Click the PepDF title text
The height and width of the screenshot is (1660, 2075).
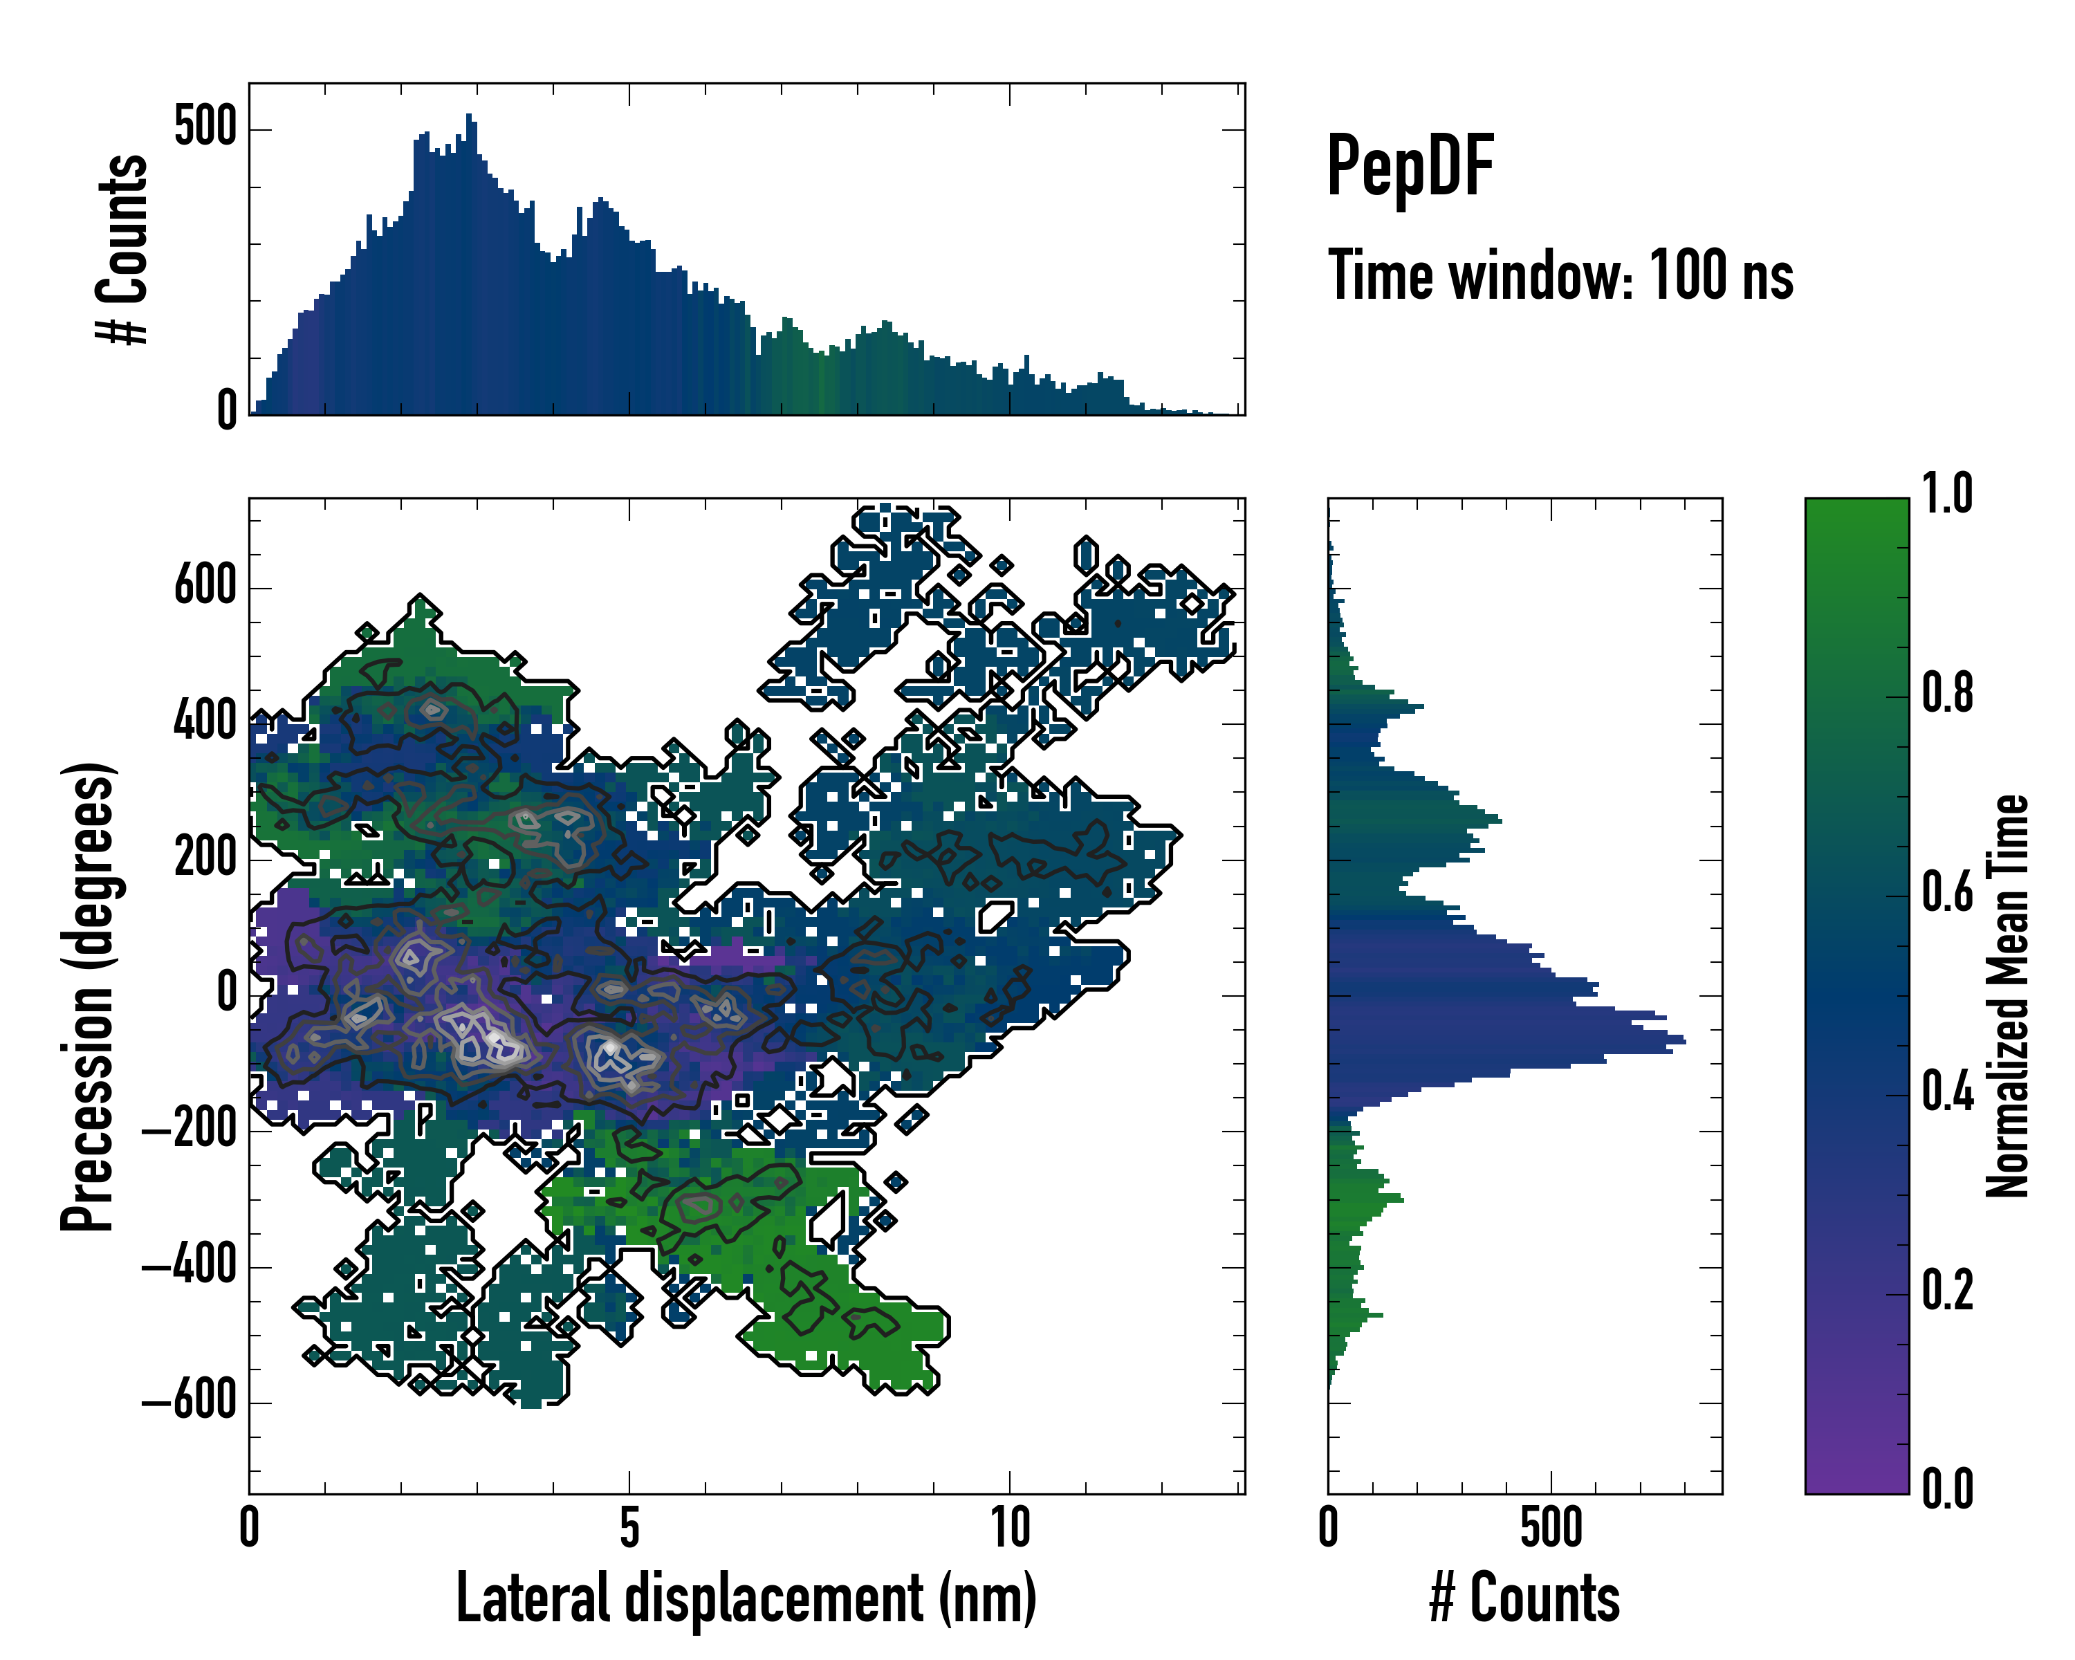(1409, 167)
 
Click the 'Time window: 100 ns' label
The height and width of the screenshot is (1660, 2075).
(1560, 276)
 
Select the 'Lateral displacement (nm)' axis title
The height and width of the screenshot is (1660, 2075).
(746, 1598)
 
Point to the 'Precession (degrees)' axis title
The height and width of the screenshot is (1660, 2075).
(88, 996)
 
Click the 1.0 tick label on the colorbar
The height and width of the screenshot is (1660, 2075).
(1947, 494)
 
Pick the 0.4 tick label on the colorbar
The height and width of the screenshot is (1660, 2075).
(1947, 1094)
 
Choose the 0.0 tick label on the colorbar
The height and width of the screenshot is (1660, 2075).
(1947, 1488)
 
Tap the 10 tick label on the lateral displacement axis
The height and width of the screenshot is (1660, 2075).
(1010, 1528)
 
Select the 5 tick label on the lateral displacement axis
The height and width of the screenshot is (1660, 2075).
(629, 1528)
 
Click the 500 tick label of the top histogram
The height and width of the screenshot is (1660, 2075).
(205, 127)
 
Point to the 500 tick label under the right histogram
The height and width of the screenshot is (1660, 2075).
(1551, 1528)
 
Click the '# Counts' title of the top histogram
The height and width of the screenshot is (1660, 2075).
(122, 249)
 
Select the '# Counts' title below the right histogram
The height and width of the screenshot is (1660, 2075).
(1524, 1598)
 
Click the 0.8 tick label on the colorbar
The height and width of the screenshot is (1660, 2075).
(1947, 693)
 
